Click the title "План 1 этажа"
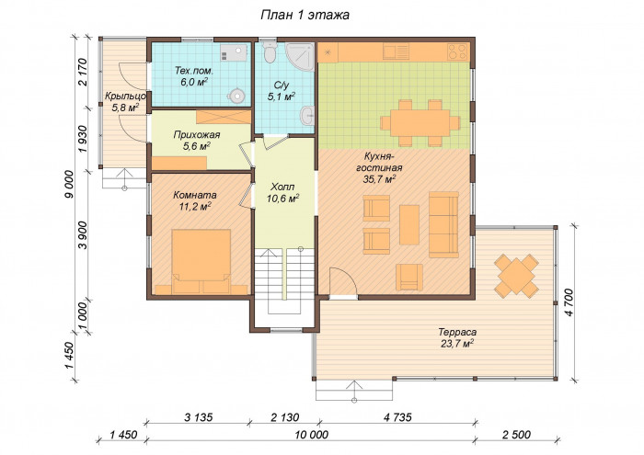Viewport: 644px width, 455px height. [305, 16]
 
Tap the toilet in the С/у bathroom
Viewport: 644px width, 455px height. [270, 51]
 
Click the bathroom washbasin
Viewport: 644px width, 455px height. [307, 115]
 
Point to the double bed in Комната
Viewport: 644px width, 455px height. [201, 261]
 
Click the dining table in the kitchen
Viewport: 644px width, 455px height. [420, 122]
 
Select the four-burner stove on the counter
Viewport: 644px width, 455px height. [457, 52]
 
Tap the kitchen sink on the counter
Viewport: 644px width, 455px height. [396, 52]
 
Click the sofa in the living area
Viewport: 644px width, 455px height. [443, 224]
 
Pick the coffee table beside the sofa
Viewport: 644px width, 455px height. [409, 225]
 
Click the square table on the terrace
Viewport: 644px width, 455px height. [516, 276]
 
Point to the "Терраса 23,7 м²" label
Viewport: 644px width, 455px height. [457, 337]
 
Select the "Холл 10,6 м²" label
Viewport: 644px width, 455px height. [282, 193]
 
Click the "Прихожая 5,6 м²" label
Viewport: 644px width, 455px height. [197, 141]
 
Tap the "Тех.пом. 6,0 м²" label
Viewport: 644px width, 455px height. [194, 76]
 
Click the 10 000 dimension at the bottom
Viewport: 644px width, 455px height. [311, 435]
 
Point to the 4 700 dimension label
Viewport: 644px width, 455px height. [569, 302]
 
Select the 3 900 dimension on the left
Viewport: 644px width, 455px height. [84, 235]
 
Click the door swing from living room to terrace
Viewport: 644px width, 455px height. [343, 281]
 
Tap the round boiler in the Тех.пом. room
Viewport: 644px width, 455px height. [236, 96]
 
